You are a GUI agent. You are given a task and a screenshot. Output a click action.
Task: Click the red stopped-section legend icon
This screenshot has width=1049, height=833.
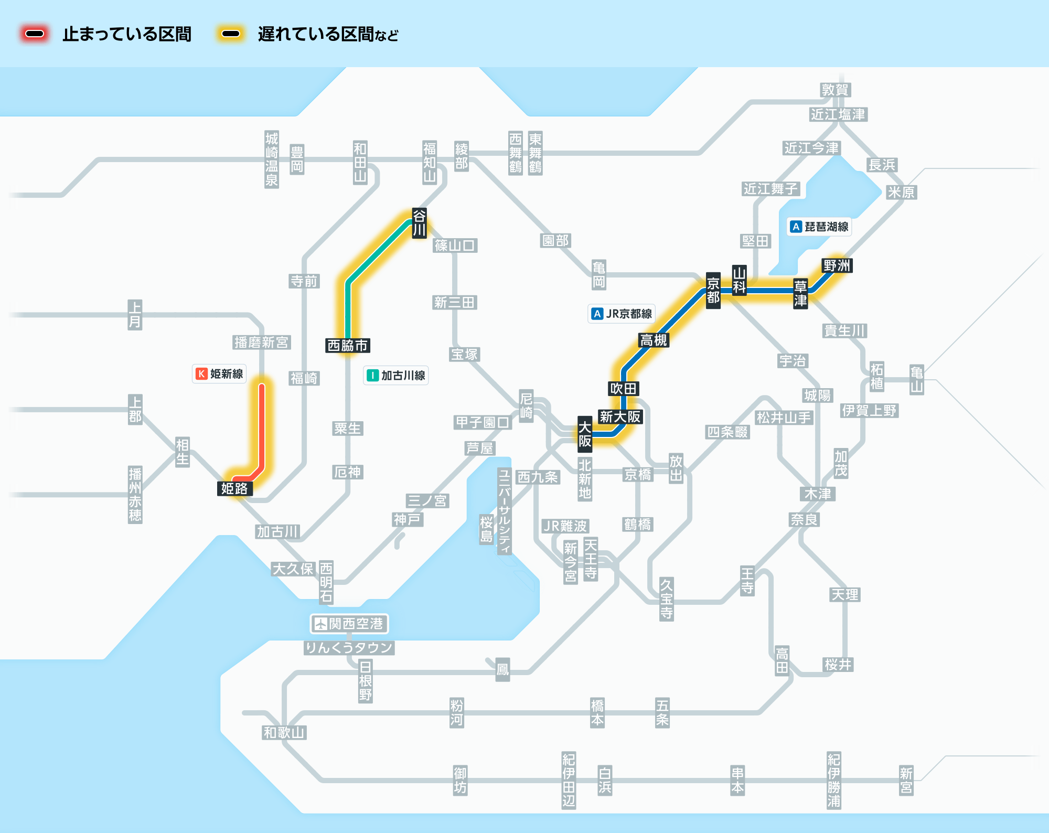point(35,34)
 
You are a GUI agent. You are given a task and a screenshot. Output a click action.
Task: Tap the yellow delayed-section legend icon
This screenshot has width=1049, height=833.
point(231,34)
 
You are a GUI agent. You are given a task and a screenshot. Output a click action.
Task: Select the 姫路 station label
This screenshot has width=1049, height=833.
point(234,488)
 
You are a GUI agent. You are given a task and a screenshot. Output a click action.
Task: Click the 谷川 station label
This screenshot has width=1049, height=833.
point(419,223)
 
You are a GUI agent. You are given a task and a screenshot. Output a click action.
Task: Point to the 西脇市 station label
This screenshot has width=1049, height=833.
point(348,345)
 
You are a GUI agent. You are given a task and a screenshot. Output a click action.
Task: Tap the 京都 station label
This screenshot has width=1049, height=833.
point(713,290)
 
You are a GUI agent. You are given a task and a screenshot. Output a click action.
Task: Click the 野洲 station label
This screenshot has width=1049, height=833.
point(837,265)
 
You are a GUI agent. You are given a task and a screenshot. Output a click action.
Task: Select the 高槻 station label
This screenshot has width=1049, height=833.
point(654,340)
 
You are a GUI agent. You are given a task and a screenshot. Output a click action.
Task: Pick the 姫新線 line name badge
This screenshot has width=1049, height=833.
point(220,373)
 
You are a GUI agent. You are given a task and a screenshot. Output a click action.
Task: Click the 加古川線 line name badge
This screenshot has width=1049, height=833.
point(397,375)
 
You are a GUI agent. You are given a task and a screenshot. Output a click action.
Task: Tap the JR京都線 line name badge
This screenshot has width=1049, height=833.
point(622,314)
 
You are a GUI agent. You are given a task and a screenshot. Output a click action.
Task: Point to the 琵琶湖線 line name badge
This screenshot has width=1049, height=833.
point(820,227)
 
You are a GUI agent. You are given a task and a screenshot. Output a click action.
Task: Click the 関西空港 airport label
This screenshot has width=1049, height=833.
point(356,623)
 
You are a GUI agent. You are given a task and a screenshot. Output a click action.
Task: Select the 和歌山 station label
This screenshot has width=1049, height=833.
point(284,732)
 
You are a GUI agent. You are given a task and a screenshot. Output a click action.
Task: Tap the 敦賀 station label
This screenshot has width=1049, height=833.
point(835,90)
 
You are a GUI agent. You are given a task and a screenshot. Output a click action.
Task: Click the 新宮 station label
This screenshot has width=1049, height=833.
point(906,780)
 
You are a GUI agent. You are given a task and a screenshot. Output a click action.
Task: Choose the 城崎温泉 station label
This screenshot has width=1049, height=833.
point(271,159)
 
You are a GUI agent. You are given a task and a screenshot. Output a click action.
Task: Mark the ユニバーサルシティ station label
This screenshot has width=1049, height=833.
point(504,511)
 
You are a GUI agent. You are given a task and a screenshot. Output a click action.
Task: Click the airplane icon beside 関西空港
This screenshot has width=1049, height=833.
point(320,624)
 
